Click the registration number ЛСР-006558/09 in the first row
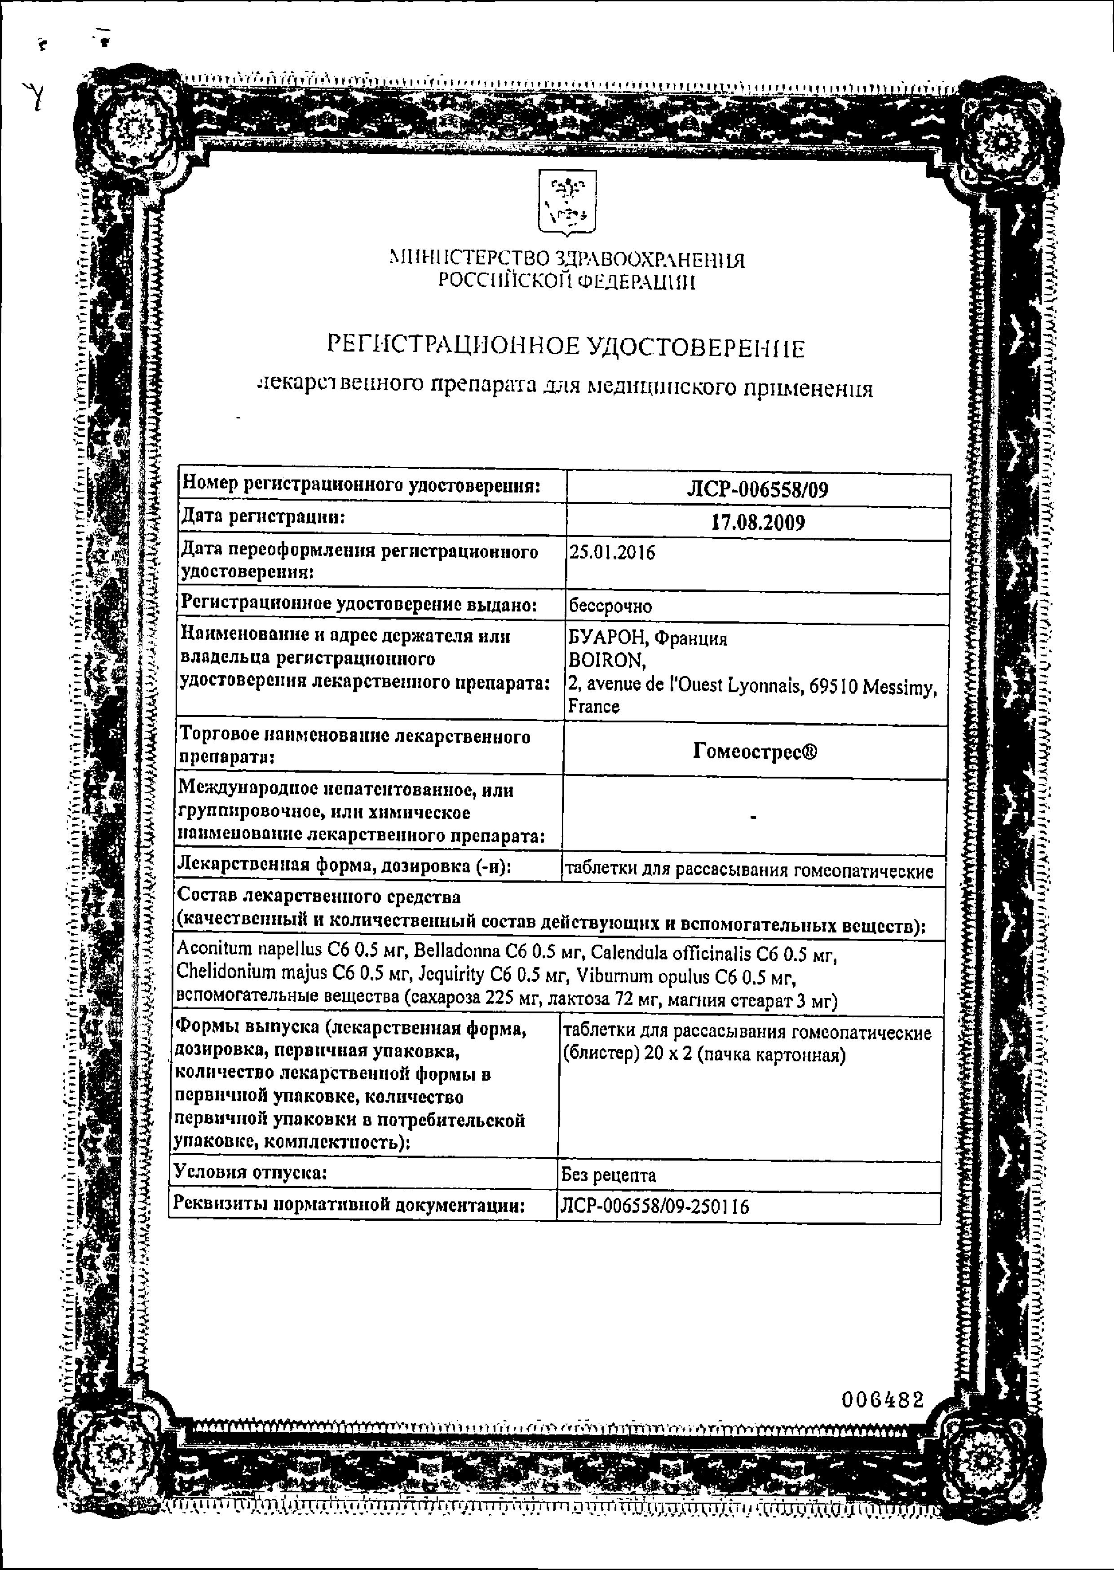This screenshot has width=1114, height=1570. click(757, 489)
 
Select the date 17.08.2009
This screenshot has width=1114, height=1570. click(757, 523)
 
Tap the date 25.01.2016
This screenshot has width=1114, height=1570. click(612, 553)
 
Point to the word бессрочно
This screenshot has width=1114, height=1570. click(610, 607)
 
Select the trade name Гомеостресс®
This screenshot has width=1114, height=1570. click(755, 752)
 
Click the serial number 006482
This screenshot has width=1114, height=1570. click(883, 1400)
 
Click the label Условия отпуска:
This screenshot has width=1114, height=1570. click(250, 1172)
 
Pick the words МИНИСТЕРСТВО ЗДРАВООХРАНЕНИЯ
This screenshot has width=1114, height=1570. click(566, 259)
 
